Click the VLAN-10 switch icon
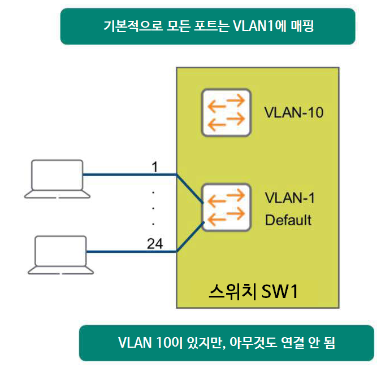pos(226,112)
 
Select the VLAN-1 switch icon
pos(226,207)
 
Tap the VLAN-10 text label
pos(293,113)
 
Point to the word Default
pos(288,219)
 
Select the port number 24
pos(154,243)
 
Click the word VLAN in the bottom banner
pos(135,343)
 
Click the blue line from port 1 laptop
pos(130,175)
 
